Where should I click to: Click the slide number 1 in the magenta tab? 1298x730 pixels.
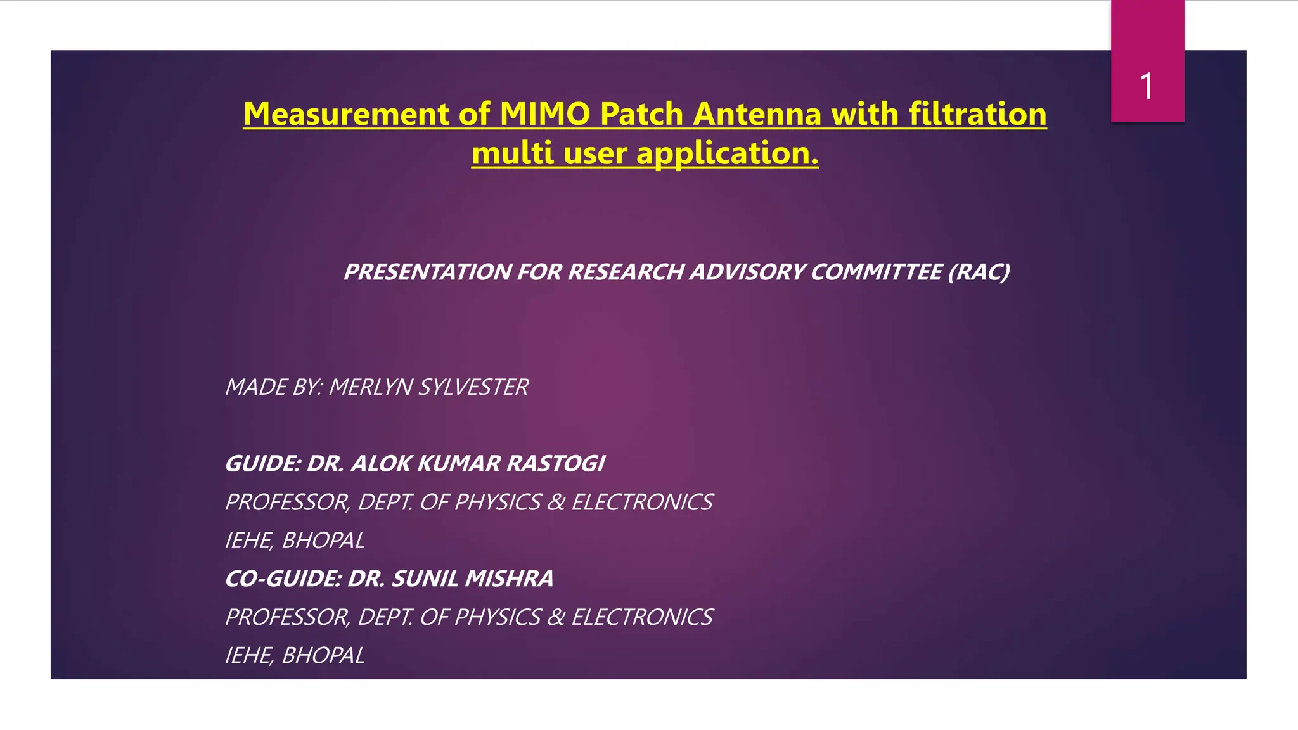1146,86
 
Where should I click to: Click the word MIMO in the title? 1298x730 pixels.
546,114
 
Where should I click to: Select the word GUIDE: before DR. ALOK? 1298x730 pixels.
262,464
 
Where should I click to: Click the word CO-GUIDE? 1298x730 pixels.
283,579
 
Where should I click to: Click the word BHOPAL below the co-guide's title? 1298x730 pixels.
323,655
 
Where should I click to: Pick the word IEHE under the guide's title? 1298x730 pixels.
248,541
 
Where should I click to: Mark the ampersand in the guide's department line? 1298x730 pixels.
556,503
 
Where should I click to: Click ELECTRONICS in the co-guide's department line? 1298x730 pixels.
642,617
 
